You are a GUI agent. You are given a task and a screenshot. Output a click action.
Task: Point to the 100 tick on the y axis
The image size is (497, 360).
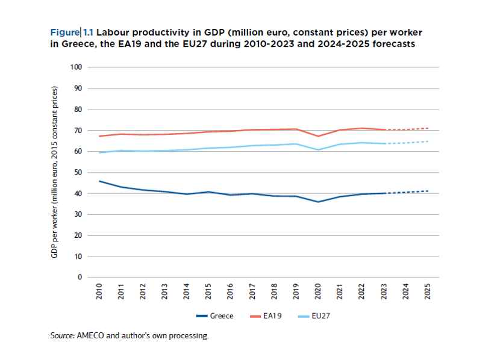point(76,67)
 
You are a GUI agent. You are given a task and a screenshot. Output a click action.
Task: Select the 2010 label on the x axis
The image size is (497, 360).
point(100,292)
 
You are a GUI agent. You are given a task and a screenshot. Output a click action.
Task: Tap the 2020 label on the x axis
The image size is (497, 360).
point(319,292)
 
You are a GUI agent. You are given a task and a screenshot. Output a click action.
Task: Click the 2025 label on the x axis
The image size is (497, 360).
point(428,292)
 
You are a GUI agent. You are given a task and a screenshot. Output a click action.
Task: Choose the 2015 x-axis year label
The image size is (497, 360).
point(209,292)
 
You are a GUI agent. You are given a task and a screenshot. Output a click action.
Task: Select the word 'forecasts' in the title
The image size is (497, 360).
point(391,44)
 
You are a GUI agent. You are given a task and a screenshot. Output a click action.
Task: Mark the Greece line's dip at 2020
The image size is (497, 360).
point(319,202)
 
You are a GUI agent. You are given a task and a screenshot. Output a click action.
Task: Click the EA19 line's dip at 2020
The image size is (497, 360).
point(319,136)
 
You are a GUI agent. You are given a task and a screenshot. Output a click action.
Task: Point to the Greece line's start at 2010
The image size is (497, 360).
point(100,181)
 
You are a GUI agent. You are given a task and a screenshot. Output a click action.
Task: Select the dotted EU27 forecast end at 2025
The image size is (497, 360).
point(428,141)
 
